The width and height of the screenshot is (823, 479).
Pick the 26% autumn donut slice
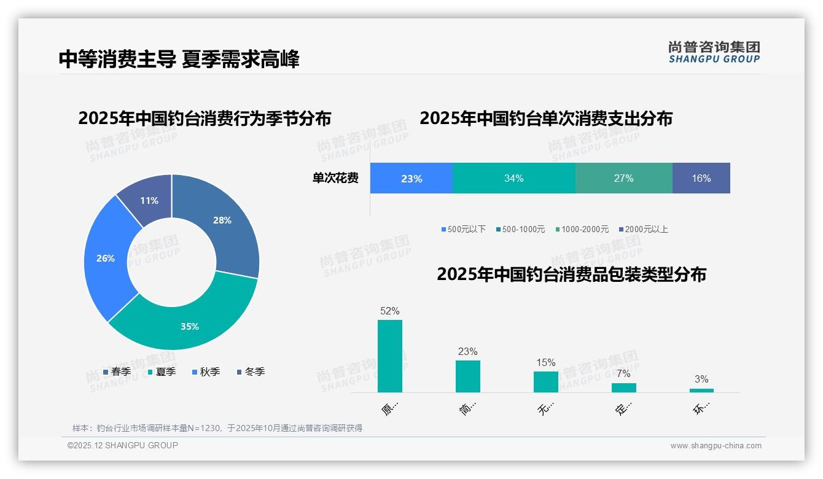point(106,258)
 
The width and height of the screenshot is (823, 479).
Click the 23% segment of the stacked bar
point(411,179)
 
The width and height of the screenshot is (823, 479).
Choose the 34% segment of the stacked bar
point(514,179)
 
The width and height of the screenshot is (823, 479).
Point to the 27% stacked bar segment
point(624,179)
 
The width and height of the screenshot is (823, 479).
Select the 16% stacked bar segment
point(701,179)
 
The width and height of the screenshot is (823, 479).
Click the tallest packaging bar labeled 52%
point(390,356)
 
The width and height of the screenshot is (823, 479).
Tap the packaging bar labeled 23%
point(468,376)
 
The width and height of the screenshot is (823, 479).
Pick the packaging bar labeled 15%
point(546,381)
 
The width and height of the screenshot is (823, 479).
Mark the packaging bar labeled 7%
point(624,387)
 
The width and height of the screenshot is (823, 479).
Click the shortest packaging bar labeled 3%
point(701,390)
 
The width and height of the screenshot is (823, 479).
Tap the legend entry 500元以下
point(463,229)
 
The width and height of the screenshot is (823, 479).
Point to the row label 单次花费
point(335,179)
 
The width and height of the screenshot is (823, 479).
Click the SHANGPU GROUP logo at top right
point(714,52)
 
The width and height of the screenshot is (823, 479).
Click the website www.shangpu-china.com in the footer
point(716,446)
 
